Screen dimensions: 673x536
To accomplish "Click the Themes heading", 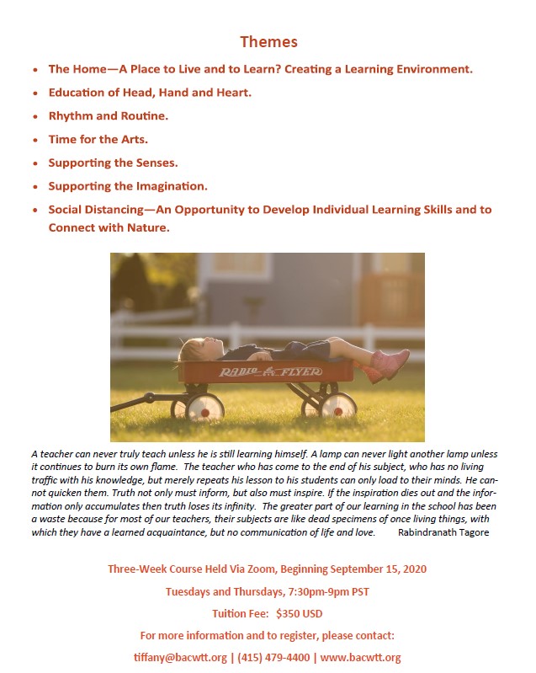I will (x=268, y=41).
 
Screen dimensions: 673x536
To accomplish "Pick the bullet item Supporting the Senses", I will (x=113, y=163).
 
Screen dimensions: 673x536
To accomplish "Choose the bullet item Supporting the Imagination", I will (x=128, y=186).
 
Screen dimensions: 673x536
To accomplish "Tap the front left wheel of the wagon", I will (x=204, y=408).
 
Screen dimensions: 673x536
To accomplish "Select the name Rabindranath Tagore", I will (x=443, y=533).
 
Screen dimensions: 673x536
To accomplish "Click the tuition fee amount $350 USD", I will (x=299, y=613).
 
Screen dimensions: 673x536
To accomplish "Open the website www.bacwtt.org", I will (x=360, y=657).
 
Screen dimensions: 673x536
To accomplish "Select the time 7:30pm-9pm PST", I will (x=331, y=590).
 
